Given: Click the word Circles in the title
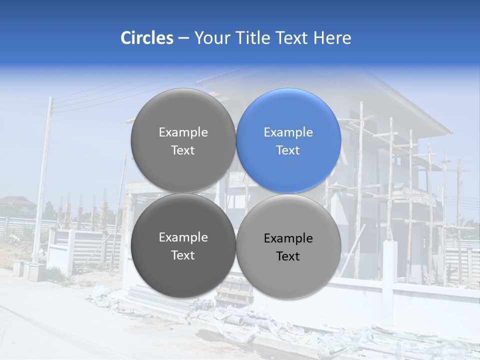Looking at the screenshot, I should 146,38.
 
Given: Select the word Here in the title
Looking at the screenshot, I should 332,38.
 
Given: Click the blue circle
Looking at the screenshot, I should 288,140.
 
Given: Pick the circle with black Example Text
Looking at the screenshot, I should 288,246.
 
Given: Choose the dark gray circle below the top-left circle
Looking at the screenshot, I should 183,245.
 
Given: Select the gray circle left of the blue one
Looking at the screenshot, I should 183,140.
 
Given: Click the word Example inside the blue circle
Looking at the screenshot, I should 288,132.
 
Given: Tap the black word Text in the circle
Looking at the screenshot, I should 288,256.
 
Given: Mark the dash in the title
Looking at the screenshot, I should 183,38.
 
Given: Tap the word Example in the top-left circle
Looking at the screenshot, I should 183,132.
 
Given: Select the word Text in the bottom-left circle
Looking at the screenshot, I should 183,255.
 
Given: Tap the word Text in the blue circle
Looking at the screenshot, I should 288,150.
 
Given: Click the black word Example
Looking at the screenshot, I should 288,238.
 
